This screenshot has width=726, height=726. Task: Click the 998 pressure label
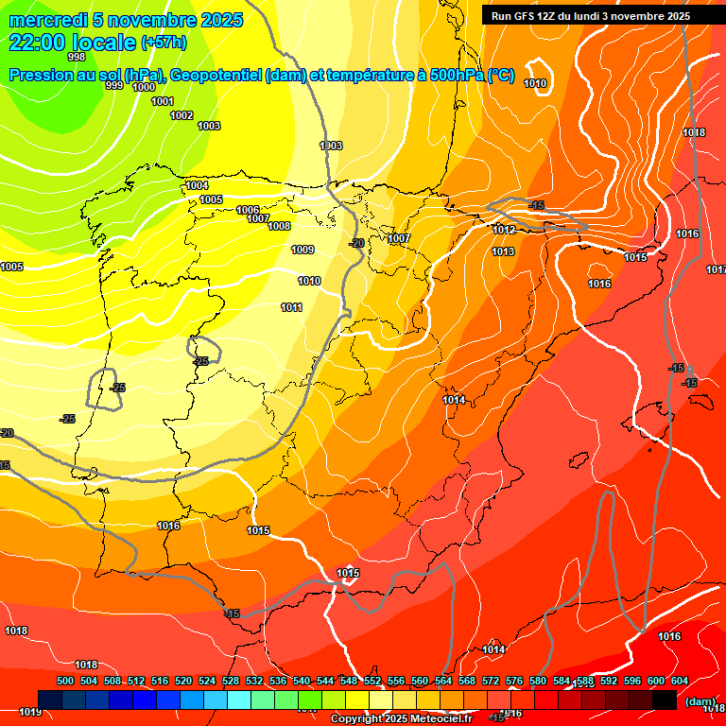pos(77,57)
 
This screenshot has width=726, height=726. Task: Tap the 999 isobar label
pos(114,86)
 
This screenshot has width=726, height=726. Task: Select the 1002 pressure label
pos(181,115)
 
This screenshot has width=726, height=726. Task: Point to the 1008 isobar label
pos(279,227)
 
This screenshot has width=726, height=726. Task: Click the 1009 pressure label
pos(302,251)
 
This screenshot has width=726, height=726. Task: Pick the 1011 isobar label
pos(291,307)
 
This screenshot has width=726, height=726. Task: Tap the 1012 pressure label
pos(503,230)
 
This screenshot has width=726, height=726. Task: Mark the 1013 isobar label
pos(503,251)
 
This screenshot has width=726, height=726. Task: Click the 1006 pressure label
pos(248,210)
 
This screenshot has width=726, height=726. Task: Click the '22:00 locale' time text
pos(72,43)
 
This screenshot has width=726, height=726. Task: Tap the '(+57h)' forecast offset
pos(164,43)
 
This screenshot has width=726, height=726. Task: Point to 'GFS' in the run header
pos(526,16)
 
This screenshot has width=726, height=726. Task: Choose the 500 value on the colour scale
pos(65,681)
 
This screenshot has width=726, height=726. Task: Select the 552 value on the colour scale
pos(372,681)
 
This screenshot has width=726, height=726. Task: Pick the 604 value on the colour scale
pos(679,681)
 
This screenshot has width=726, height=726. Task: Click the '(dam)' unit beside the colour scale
pos(700,701)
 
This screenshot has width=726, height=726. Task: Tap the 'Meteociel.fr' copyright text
pos(440,719)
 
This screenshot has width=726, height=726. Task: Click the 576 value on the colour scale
pos(513,681)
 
